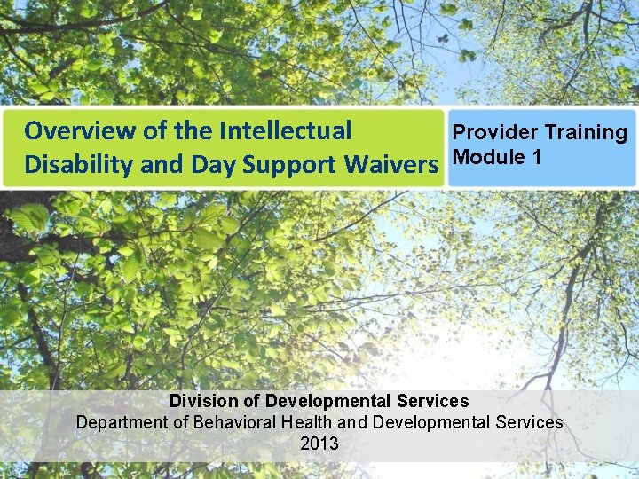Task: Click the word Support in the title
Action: pyautogui.click(x=276, y=165)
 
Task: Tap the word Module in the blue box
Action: pyautogui.click(x=486, y=158)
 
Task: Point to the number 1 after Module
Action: pyautogui.click(x=537, y=158)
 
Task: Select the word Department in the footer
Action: pyautogui.click(x=122, y=422)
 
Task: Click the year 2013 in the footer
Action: pyautogui.click(x=319, y=444)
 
